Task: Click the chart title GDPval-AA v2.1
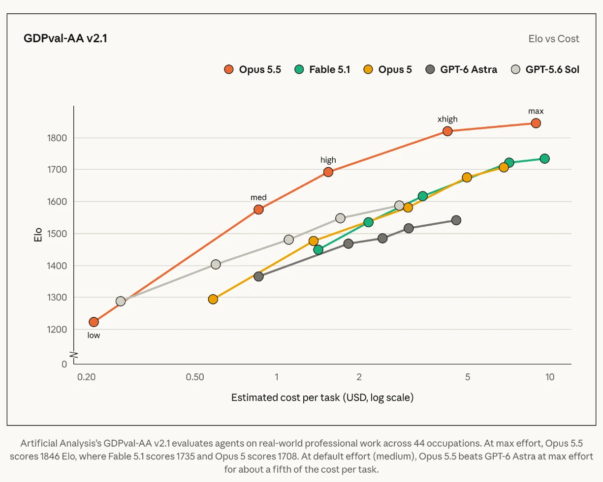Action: click(x=65, y=38)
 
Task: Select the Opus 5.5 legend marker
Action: click(x=228, y=69)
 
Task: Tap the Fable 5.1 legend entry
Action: click(x=322, y=69)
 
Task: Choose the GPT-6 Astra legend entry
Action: click(x=461, y=69)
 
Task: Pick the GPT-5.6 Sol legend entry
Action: click(x=545, y=69)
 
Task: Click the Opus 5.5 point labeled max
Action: click(x=536, y=123)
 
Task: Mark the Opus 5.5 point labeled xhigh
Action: click(x=447, y=131)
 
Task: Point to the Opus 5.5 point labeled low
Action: click(x=94, y=322)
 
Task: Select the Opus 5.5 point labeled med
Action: click(x=258, y=209)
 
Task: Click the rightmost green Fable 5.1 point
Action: click(x=544, y=158)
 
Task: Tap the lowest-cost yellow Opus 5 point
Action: click(x=213, y=299)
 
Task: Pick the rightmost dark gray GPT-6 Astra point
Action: click(x=456, y=220)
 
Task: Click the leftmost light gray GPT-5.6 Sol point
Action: click(x=121, y=301)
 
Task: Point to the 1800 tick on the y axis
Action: click(x=57, y=138)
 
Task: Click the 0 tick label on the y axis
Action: click(x=64, y=364)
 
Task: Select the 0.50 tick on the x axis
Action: click(x=195, y=377)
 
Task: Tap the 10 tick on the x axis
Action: click(x=550, y=377)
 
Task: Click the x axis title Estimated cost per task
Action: click(x=286, y=397)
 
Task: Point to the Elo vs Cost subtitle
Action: click(x=554, y=39)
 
